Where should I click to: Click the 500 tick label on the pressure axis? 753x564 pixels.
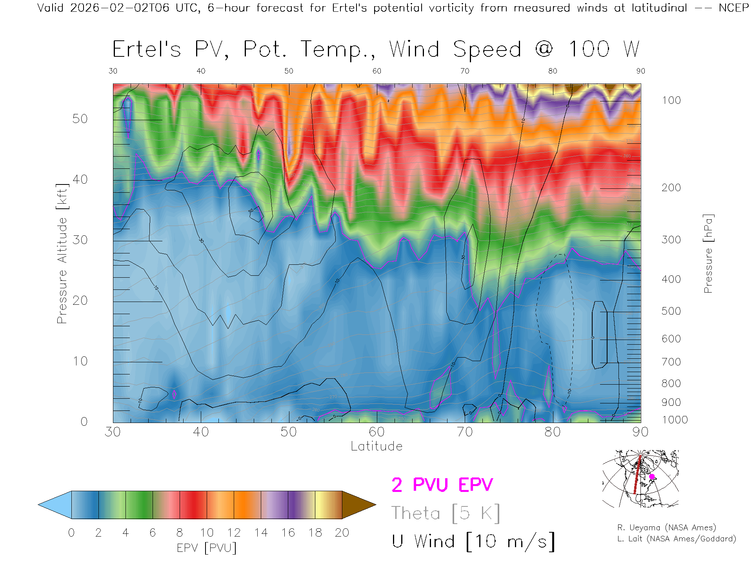point(671,311)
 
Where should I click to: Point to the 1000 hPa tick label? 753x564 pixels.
point(675,420)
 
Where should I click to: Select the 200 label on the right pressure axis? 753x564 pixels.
point(671,188)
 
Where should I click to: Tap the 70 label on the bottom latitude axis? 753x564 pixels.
point(464,432)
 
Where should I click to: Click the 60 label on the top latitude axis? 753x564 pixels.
point(376,71)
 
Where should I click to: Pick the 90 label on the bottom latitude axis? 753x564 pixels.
point(640,432)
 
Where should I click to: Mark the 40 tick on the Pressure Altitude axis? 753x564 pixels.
point(80,179)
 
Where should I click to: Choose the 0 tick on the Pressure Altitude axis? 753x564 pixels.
point(84,421)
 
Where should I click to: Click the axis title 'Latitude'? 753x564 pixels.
point(376,446)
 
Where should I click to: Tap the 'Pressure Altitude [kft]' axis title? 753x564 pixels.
point(62,253)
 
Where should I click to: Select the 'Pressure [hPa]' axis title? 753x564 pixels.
point(708,253)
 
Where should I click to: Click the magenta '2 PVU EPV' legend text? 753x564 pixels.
point(442,485)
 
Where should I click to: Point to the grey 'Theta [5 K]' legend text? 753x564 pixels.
point(446,513)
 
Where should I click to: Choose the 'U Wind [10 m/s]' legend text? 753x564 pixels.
point(473,541)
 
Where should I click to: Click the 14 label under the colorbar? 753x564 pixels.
point(261,533)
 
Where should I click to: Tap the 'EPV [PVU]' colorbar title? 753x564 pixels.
point(207,548)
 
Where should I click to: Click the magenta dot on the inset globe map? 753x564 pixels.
point(652,477)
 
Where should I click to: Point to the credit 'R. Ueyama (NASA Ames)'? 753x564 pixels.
point(666,528)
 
